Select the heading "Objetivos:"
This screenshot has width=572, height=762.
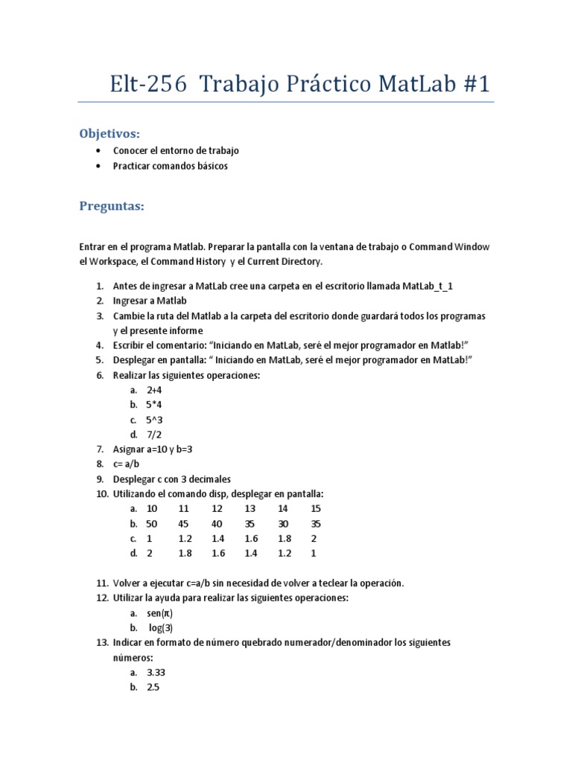tap(109, 133)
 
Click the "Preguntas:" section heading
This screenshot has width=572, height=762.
tap(112, 206)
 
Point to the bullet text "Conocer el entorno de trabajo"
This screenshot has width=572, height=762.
tap(176, 150)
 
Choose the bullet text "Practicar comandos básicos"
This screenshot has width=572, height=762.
tap(171, 166)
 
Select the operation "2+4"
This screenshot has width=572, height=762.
tap(154, 390)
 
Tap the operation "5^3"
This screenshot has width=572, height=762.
tap(154, 420)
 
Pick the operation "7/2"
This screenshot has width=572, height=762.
tap(154, 435)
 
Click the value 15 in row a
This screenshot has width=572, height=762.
tap(316, 509)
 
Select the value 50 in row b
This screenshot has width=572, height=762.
tap(153, 524)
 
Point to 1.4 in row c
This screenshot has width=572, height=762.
tap(217, 539)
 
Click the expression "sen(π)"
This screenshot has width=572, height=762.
tap(160, 613)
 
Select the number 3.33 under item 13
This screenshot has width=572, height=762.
tap(156, 673)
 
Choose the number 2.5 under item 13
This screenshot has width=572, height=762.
tap(153, 688)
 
